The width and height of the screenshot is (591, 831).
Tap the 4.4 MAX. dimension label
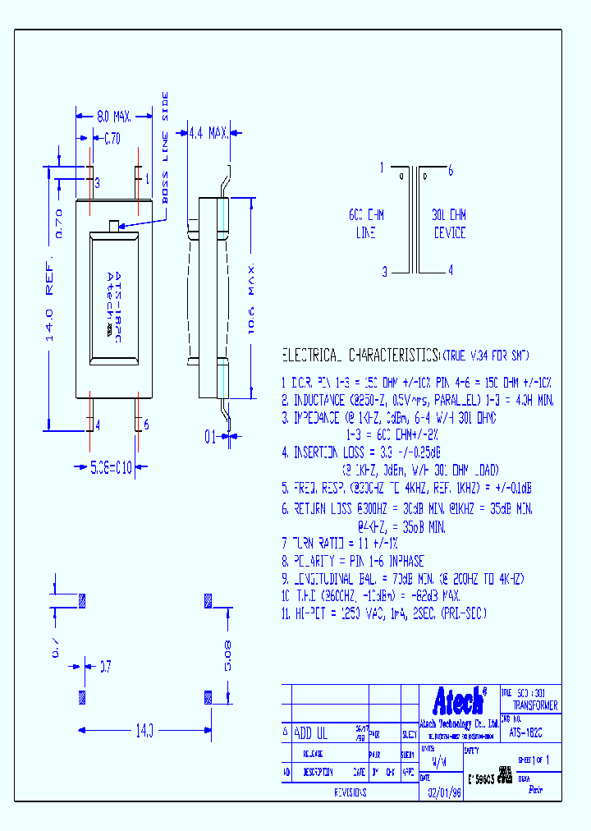208,132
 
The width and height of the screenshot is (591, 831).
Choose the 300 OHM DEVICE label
449,223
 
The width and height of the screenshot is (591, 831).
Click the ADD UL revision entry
311,734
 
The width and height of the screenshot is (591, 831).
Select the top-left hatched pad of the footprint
80,600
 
